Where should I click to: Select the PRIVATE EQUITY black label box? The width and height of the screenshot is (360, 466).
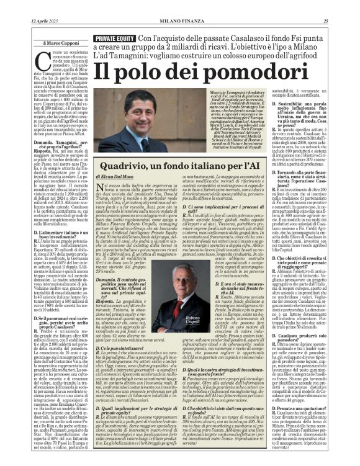pos(115,38)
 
